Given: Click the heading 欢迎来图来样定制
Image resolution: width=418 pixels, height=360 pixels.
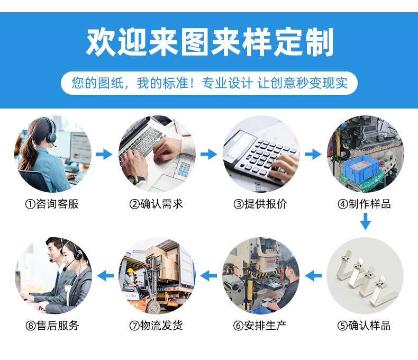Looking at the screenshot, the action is pyautogui.click(x=210, y=42).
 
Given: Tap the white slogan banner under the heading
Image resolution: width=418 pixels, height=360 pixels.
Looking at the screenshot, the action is pyautogui.click(x=209, y=83).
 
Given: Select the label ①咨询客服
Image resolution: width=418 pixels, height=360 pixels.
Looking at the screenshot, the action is pyautogui.click(x=52, y=204).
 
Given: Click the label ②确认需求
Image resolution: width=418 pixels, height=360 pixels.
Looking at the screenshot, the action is pyautogui.click(x=156, y=204).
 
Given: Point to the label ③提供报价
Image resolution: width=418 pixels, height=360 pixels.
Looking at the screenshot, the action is pyautogui.click(x=260, y=204).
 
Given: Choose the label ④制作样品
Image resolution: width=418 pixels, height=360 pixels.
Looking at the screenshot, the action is pyautogui.click(x=365, y=204).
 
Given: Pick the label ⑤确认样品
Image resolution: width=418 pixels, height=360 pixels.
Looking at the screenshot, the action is pyautogui.click(x=364, y=326).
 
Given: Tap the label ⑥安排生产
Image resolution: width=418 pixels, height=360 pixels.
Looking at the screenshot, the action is pyautogui.click(x=260, y=326).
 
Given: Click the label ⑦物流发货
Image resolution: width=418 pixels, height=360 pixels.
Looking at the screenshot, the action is pyautogui.click(x=156, y=326).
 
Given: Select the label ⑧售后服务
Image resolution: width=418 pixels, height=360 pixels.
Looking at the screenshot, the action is pyautogui.click(x=52, y=326).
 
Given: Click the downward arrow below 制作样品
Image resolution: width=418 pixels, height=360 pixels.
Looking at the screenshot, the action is pyautogui.click(x=366, y=221).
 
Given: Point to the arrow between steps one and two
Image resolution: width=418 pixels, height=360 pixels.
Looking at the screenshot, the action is pyautogui.click(x=104, y=154).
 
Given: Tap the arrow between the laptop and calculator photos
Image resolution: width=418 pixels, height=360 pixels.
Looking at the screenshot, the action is pyautogui.click(x=208, y=154).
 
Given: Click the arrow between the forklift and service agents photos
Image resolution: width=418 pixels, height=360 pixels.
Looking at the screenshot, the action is pyautogui.click(x=105, y=275).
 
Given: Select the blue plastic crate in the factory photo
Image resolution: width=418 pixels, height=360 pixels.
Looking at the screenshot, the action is pyautogui.click(x=360, y=168).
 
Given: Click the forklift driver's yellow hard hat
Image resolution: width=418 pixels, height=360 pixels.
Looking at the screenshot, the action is pyautogui.click(x=130, y=271).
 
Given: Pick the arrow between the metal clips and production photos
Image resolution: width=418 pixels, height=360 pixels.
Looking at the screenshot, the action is pyautogui.click(x=313, y=275).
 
